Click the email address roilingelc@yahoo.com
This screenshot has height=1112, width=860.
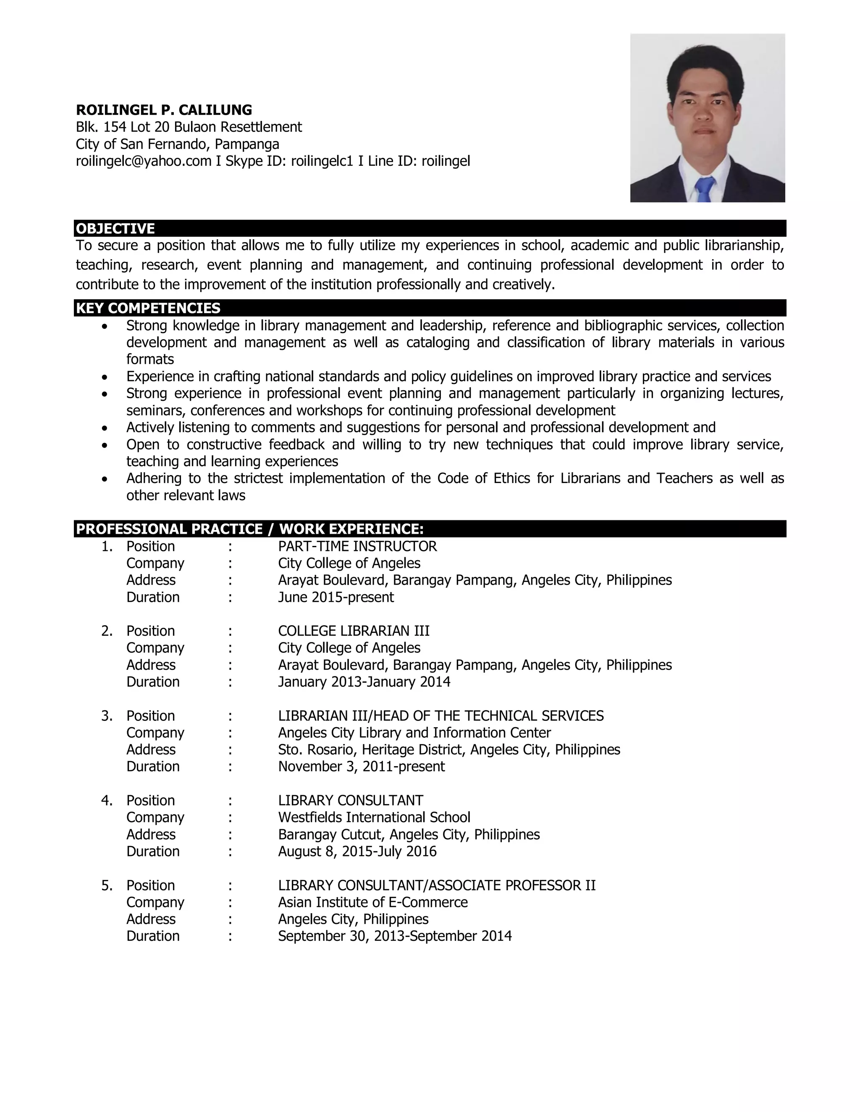tap(143, 162)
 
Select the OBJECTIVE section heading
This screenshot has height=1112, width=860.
tap(115, 228)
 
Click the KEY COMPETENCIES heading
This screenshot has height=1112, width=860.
tap(148, 308)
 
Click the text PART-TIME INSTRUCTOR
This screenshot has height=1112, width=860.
tap(357, 546)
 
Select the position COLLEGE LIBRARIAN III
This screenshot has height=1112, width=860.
tap(354, 631)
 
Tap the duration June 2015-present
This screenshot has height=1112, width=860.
tap(336, 597)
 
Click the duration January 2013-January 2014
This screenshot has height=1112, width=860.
tap(364, 682)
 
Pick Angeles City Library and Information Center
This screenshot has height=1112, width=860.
tap(414, 733)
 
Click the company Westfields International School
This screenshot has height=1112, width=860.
tap(374, 817)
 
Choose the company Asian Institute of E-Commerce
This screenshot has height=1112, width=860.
tap(372, 902)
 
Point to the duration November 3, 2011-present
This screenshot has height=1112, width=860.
tap(361, 766)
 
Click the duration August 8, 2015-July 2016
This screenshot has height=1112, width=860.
tap(357, 851)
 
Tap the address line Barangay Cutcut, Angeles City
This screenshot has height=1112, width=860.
tap(409, 835)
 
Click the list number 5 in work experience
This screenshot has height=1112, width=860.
tap(107, 885)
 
